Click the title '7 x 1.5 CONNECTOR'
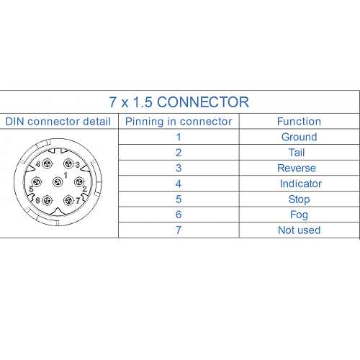coord(179,102)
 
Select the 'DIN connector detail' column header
coord(58,122)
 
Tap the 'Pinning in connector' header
coord(179,122)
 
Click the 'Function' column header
coord(299,122)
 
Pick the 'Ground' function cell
coord(300,137)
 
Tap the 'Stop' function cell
coord(299,199)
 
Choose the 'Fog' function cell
coord(299,215)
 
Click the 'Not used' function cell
coord(300,230)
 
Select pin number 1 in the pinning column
coord(179,137)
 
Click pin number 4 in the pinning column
coord(179,184)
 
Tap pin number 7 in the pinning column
coord(179,230)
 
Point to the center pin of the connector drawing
coord(58,182)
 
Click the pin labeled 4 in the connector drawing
coord(48,164)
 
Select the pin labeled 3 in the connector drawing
coord(68,164)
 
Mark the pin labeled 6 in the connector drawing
coord(48,200)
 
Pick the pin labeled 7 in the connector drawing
coord(68,200)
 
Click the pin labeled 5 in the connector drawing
coord(37,182)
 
